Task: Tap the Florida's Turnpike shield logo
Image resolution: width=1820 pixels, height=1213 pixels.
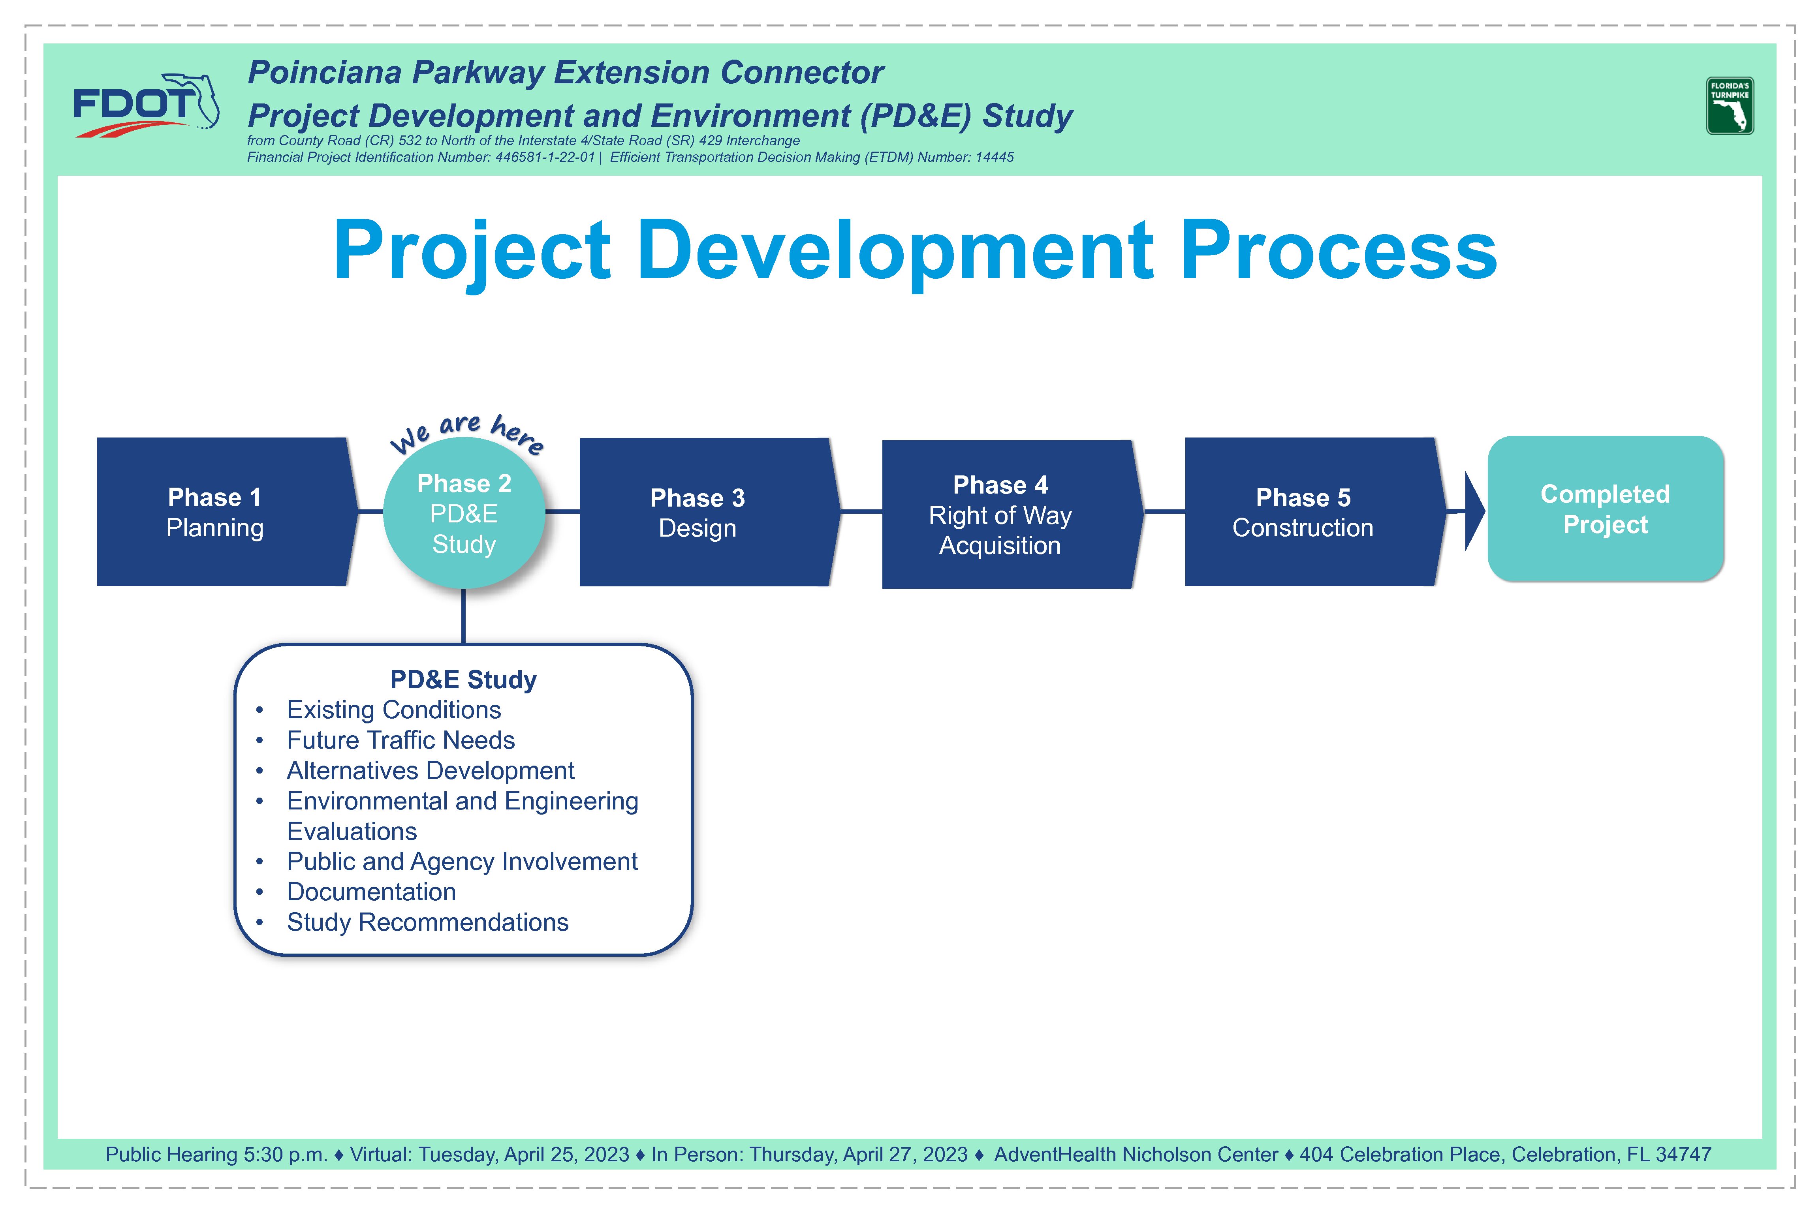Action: tap(1730, 106)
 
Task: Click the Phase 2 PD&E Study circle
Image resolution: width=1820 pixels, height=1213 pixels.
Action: tap(464, 513)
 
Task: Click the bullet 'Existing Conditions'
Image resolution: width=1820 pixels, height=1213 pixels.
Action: tap(394, 710)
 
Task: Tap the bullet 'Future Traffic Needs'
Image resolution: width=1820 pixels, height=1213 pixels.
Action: tap(401, 740)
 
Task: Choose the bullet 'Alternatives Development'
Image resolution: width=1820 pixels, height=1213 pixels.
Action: tap(430, 770)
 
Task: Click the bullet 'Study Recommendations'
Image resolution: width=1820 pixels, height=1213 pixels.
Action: tap(427, 922)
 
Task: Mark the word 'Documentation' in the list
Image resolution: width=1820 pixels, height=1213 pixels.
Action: tap(371, 892)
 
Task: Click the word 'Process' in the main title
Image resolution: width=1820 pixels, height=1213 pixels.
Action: tap(1339, 250)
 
